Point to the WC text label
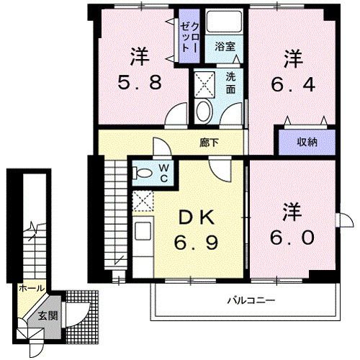pos(163,174)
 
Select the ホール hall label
pos(31,287)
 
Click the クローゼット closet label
pos(190,38)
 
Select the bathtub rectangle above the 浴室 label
pos(224,22)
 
